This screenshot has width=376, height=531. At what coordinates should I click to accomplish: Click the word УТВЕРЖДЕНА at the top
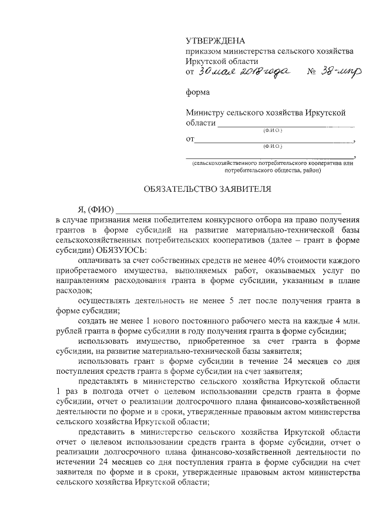(214, 40)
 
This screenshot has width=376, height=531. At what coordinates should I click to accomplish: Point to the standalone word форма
(198, 92)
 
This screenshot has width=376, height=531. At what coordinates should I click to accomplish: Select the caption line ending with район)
(273, 171)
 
